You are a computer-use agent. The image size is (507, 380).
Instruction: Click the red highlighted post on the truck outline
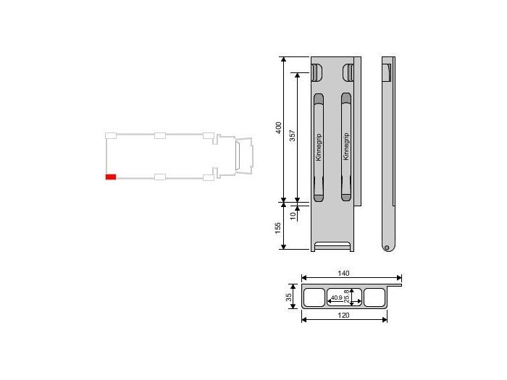[111, 176]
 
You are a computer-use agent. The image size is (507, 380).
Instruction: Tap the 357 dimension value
[292, 138]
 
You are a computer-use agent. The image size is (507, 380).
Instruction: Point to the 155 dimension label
[279, 227]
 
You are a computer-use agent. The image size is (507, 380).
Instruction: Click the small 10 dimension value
[293, 215]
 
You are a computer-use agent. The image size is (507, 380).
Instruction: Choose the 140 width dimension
[344, 273]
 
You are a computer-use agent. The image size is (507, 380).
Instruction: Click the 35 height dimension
[288, 297]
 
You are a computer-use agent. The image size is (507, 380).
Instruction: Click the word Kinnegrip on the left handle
[318, 147]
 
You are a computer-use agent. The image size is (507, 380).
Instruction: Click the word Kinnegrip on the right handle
[345, 147]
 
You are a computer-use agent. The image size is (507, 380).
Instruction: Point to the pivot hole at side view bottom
[387, 248]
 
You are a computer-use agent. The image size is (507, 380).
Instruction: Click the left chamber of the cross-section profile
[314, 297]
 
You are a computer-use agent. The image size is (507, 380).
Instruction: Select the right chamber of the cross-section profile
[374, 297]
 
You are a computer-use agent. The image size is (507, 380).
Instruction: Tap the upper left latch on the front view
[317, 72]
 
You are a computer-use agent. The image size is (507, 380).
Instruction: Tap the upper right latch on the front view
[348, 72]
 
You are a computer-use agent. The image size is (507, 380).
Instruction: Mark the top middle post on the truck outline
[160, 135]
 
